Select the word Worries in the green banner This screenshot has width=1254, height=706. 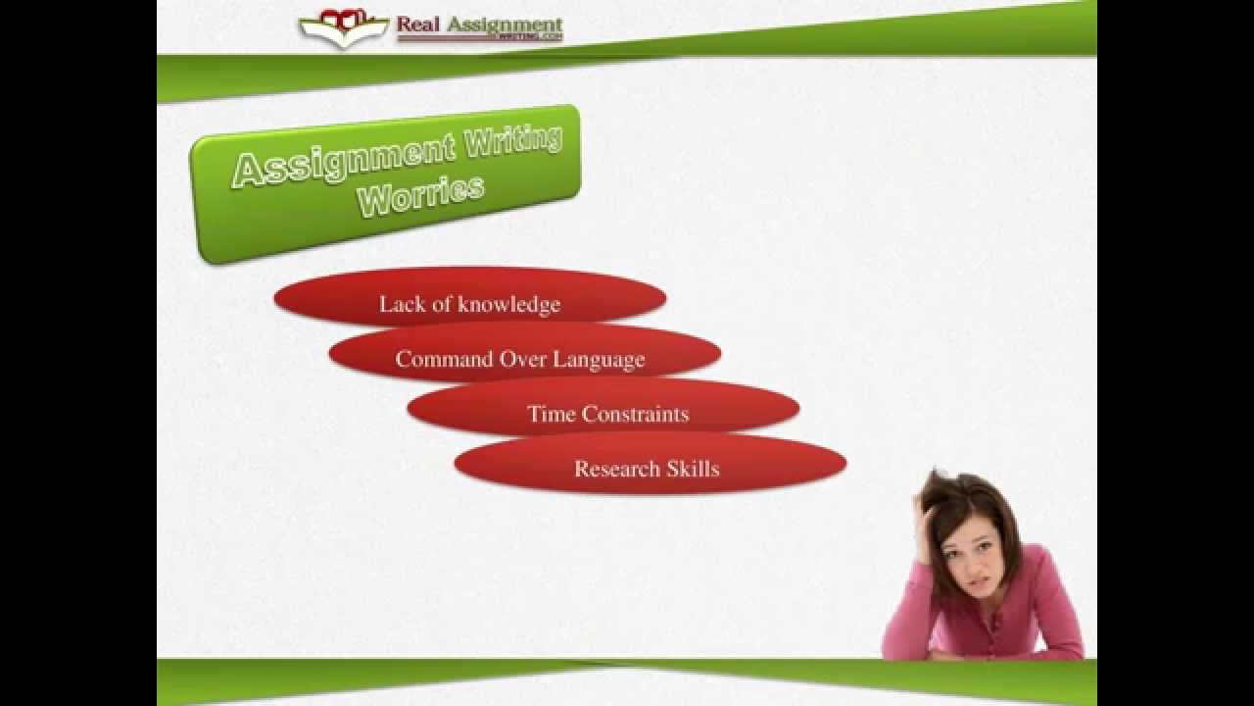[420, 195]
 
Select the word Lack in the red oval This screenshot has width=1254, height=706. [398, 304]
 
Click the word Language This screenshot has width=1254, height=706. [599, 359]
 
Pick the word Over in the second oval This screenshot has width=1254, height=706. [523, 359]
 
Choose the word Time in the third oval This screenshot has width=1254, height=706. [548, 414]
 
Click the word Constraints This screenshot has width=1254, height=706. [632, 414]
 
